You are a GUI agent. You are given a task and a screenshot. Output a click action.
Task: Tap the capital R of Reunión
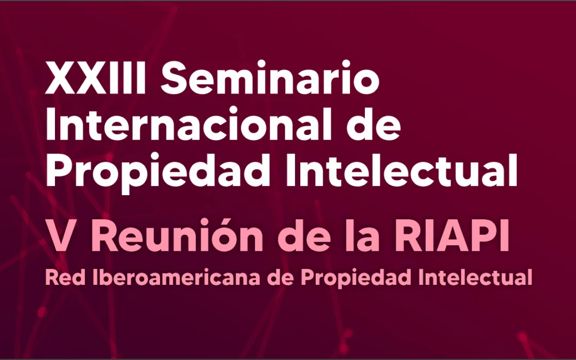(105, 238)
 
